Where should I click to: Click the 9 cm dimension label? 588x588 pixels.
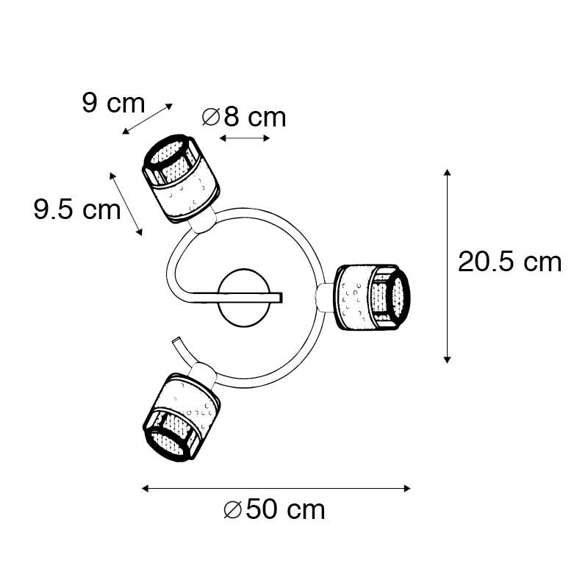[113, 103]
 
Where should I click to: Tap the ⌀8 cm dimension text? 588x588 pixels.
[244, 118]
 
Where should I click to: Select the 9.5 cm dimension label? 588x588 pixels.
[77, 209]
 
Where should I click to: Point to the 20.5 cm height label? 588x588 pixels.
[509, 262]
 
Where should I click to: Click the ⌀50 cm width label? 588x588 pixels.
[274, 509]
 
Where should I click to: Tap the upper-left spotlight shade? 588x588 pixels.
[181, 179]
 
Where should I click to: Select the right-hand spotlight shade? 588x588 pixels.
[373, 298]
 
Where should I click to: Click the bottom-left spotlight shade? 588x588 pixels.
[181, 416]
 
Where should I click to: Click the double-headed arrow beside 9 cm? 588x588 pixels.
[148, 119]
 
